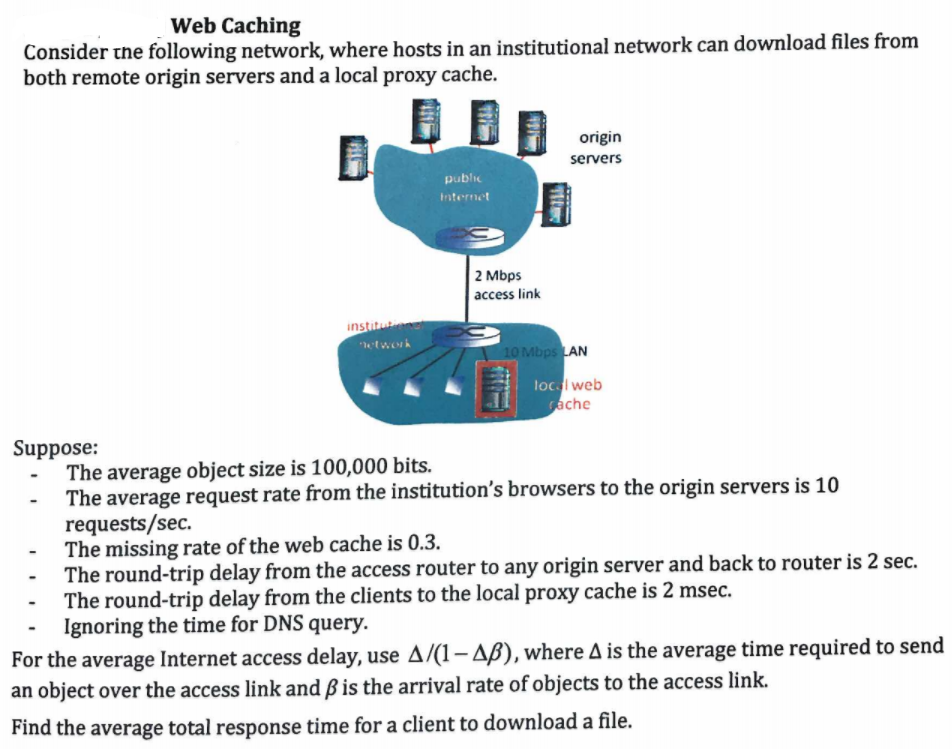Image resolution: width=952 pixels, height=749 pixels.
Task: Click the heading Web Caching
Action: [235, 25]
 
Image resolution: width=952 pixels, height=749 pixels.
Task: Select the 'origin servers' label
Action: [596, 147]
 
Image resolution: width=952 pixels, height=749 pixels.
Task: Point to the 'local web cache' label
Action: [567, 394]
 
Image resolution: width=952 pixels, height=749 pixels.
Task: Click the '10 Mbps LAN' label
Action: [545, 351]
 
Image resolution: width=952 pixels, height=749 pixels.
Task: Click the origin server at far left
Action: [353, 157]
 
